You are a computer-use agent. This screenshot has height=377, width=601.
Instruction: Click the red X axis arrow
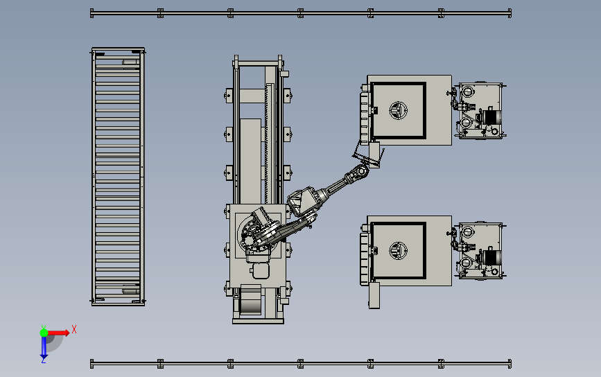pyautogui.click(x=58, y=333)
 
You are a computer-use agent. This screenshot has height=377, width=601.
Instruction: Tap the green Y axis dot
pyautogui.click(x=44, y=333)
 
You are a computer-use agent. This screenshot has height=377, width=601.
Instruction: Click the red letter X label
pyautogui.click(x=74, y=329)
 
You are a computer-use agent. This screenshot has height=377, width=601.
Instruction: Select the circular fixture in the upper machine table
pyautogui.click(x=398, y=110)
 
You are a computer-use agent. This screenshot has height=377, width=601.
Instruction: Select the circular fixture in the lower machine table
pyautogui.click(x=398, y=251)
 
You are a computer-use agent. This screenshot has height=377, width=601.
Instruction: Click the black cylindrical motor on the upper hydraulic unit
pyautogui.click(x=491, y=117)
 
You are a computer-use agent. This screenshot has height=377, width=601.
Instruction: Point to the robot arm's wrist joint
pyautogui.click(x=358, y=173)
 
